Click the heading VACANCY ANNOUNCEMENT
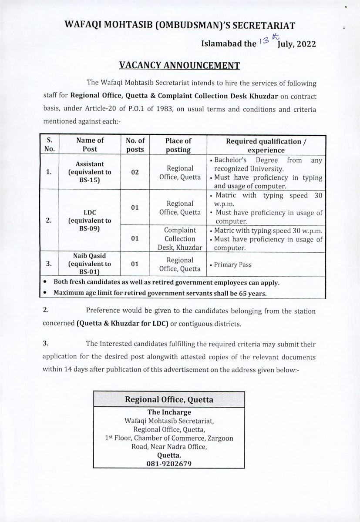click(180, 65)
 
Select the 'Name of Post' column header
click(90, 145)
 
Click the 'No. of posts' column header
click(135, 145)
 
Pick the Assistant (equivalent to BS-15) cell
click(90, 172)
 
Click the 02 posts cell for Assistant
click(135, 172)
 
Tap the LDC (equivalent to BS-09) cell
click(90, 221)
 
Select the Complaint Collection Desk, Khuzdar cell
click(180, 239)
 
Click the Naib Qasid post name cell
click(90, 264)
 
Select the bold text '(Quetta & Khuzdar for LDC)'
click(119, 324)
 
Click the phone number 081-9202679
click(169, 464)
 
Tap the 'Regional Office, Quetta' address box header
click(169, 399)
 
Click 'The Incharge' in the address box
click(169, 412)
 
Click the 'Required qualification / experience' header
click(266, 145)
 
